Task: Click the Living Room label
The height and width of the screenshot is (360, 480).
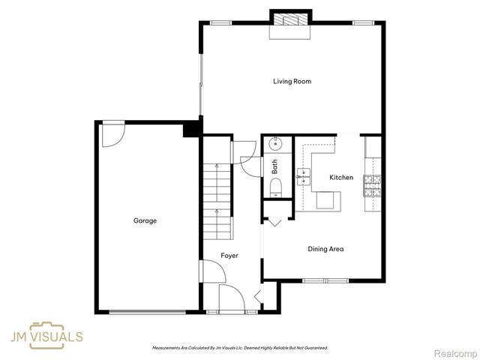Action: pos(292,82)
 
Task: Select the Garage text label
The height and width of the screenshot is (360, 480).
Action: pos(145,220)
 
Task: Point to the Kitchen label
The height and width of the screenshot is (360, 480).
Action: pos(342,178)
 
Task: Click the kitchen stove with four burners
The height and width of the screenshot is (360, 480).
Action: pos(372,184)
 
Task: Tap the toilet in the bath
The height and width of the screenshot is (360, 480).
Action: pos(276,187)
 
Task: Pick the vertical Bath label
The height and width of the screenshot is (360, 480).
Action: pos(275,166)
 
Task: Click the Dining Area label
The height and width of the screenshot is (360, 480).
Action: pos(325,249)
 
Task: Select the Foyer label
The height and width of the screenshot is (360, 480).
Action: pos(229,256)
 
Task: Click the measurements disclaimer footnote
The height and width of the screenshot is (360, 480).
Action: pos(240,348)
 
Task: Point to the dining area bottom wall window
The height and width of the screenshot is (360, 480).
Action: pos(325,280)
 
